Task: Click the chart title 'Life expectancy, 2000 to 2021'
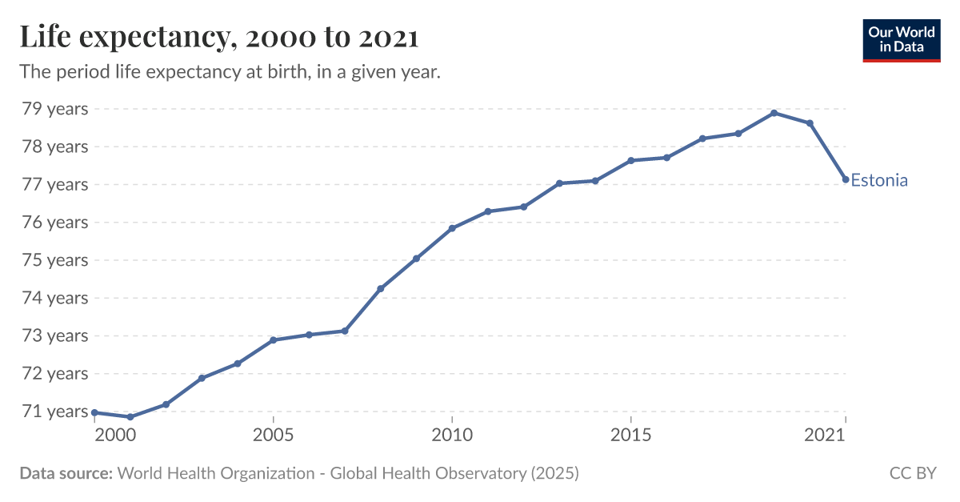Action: point(219,37)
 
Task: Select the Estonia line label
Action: point(878,180)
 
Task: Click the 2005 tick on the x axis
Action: point(274,435)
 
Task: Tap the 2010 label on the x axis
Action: point(452,435)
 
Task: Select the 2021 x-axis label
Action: point(824,435)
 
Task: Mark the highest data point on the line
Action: point(774,113)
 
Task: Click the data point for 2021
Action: point(846,179)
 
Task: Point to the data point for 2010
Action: point(452,228)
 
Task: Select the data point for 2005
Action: point(274,340)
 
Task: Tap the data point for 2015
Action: point(631,161)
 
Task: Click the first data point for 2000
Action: point(94,412)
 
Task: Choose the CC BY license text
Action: point(912,473)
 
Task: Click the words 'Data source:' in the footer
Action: point(66,473)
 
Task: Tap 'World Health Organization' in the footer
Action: point(216,473)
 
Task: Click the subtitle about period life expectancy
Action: point(230,72)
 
